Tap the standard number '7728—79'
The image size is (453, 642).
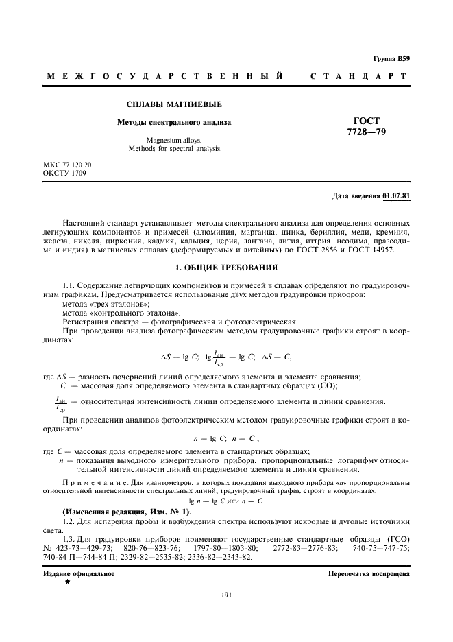click(x=367, y=132)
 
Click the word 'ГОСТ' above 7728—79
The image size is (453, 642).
click(x=367, y=121)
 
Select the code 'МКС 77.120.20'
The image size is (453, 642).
click(x=67, y=165)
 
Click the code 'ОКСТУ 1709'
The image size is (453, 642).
click(x=64, y=174)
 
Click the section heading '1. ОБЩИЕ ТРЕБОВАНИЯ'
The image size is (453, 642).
click(x=226, y=266)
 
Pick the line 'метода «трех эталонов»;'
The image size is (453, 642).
click(x=106, y=303)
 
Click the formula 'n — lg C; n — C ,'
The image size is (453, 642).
click(x=226, y=438)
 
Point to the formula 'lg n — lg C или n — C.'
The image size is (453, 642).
click(x=226, y=501)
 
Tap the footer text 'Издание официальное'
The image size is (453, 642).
click(x=79, y=573)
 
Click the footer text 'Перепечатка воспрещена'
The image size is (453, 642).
click(x=369, y=573)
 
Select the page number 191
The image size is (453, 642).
click(x=226, y=595)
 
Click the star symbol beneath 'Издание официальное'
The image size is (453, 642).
click(x=68, y=582)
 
